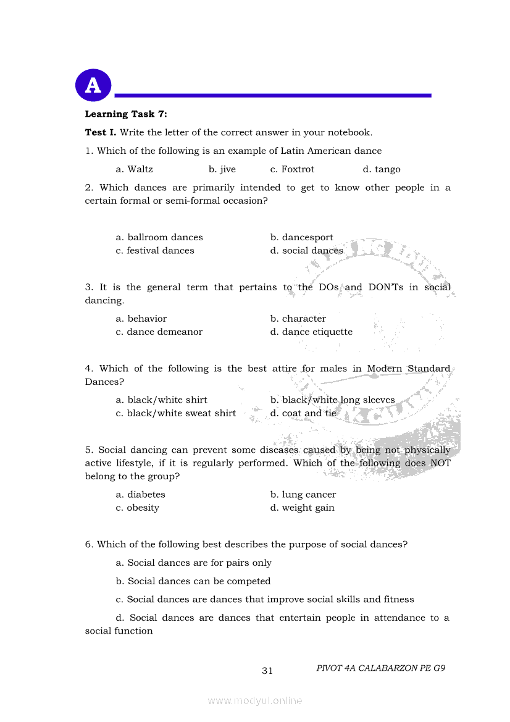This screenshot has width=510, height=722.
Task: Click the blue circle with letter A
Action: coord(93,85)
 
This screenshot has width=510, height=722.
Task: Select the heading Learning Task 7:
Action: coord(126,114)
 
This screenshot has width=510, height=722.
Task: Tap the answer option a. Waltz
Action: coord(134,169)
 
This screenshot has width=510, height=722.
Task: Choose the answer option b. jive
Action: coord(222,169)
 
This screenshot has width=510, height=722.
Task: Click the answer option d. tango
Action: coord(382,169)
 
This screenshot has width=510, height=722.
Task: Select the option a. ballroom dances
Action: coord(159,237)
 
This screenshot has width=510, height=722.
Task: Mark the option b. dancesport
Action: coord(301,237)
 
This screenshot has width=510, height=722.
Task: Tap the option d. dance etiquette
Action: coord(311,332)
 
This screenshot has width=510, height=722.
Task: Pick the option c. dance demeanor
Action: coord(159,332)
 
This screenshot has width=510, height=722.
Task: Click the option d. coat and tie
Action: coord(303,413)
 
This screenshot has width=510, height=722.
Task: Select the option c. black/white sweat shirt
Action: coord(176,413)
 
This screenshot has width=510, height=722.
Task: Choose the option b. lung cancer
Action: coord(303,495)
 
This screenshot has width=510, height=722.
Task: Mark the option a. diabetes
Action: coord(141,495)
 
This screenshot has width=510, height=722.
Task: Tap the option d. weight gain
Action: coord(303,508)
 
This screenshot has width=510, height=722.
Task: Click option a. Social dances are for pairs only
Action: coord(194,563)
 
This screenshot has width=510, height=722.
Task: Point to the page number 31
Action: coord(267,671)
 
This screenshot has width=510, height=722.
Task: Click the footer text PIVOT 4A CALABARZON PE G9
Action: coord(381,668)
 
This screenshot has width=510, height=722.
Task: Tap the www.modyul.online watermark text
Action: coord(255,701)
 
